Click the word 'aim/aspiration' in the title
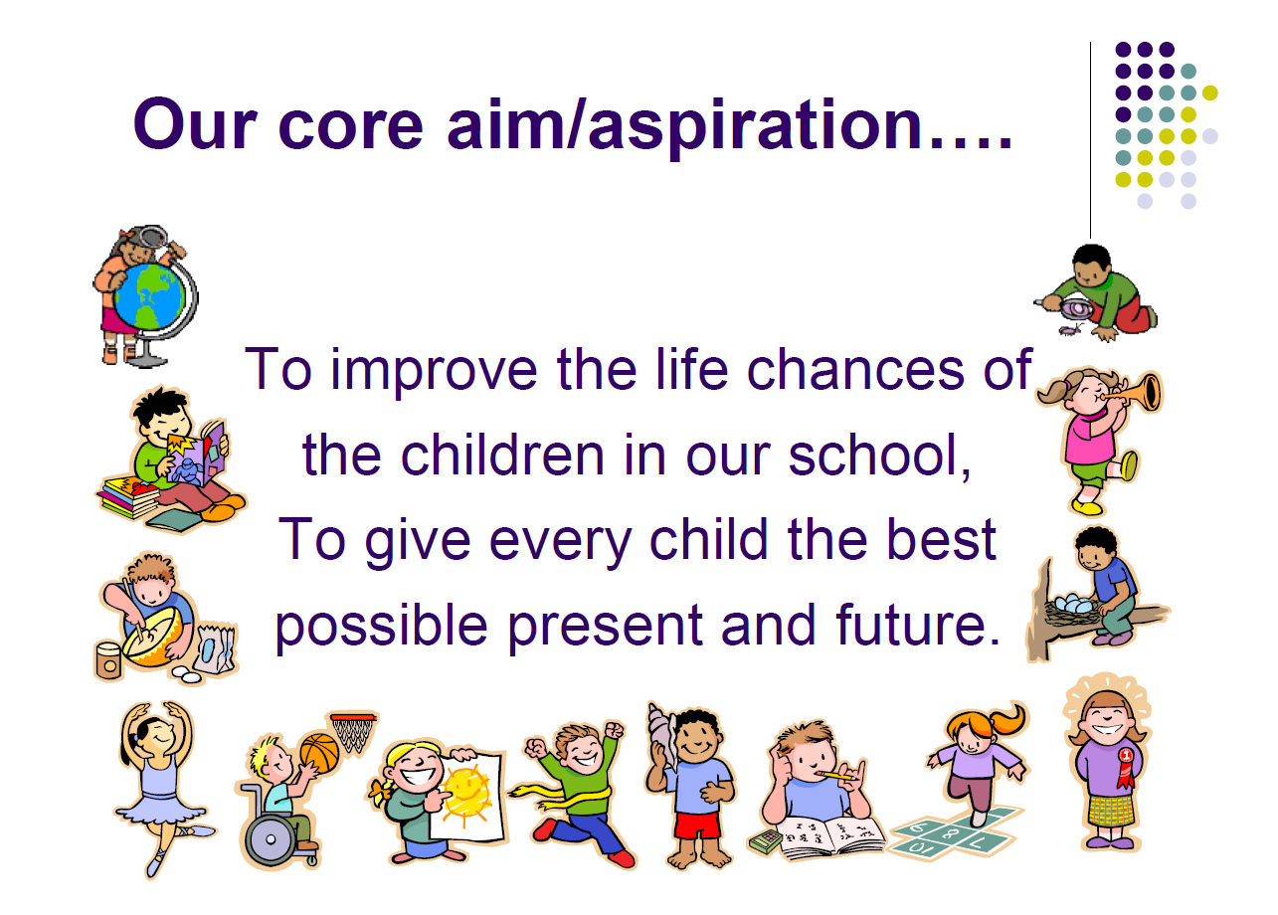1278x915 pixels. click(684, 125)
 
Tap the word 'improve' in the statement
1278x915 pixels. click(434, 371)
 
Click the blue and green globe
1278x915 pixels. click(149, 296)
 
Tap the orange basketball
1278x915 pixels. click(319, 753)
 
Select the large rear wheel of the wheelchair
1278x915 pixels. click(270, 838)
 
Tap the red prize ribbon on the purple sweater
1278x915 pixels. click(1125, 767)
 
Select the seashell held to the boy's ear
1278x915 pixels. click(661, 733)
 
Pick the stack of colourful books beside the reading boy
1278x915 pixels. click(128, 498)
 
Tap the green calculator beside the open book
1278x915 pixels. click(765, 840)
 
